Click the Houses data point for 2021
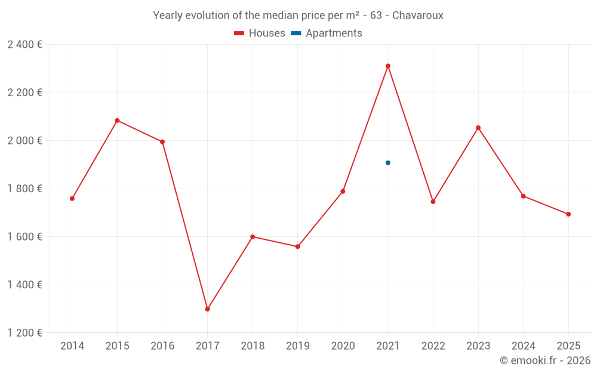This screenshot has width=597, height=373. click(388, 66)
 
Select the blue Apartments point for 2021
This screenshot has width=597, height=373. click(388, 163)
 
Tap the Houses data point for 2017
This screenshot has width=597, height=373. click(207, 309)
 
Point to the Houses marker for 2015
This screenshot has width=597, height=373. click(117, 121)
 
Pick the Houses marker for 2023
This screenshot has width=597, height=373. click(478, 128)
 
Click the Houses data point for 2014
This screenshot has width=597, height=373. click(72, 199)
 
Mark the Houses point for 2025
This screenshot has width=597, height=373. click(568, 214)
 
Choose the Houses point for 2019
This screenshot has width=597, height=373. click(298, 246)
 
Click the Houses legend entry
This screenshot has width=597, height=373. click(260, 33)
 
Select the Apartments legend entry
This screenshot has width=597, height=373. click(327, 33)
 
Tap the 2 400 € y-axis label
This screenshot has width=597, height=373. click(24, 45)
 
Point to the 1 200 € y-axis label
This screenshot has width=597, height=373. click(24, 333)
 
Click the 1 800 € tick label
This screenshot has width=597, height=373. click(24, 189)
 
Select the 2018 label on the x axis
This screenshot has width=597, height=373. click(253, 346)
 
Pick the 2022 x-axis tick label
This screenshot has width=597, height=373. click(433, 346)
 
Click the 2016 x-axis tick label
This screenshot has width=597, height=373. click(162, 346)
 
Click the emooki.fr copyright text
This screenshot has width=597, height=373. click(545, 360)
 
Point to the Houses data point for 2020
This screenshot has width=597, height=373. click(343, 192)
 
